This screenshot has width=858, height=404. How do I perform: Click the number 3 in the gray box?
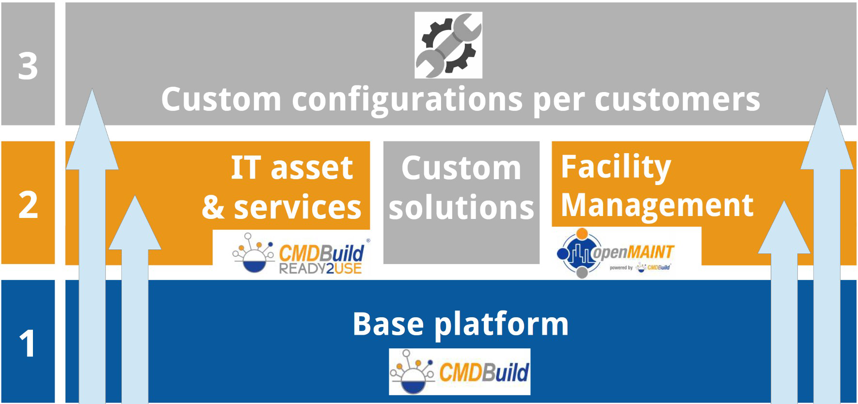pyautogui.click(x=28, y=66)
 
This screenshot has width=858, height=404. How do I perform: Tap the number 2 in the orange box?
pyautogui.click(x=28, y=205)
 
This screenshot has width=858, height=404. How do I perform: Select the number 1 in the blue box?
pyautogui.click(x=27, y=343)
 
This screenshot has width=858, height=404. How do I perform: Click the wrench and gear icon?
pyautogui.click(x=448, y=45)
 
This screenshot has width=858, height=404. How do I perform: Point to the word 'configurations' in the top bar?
pyautogui.click(x=407, y=100)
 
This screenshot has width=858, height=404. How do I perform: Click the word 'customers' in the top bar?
pyautogui.click(x=677, y=99)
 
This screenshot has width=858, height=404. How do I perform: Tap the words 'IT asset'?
pyautogui.click(x=292, y=168)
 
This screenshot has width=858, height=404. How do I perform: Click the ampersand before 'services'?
pyautogui.click(x=213, y=207)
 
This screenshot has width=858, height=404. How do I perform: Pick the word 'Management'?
pyautogui.click(x=657, y=205)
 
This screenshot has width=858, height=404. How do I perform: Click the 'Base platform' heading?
pyautogui.click(x=461, y=324)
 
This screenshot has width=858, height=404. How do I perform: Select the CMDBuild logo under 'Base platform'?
pyautogui.click(x=460, y=372)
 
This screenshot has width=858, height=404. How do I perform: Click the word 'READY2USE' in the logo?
pyautogui.click(x=320, y=268)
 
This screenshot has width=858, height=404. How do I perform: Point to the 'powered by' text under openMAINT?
pyautogui.click(x=621, y=267)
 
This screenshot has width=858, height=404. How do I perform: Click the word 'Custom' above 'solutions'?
pyautogui.click(x=461, y=168)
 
